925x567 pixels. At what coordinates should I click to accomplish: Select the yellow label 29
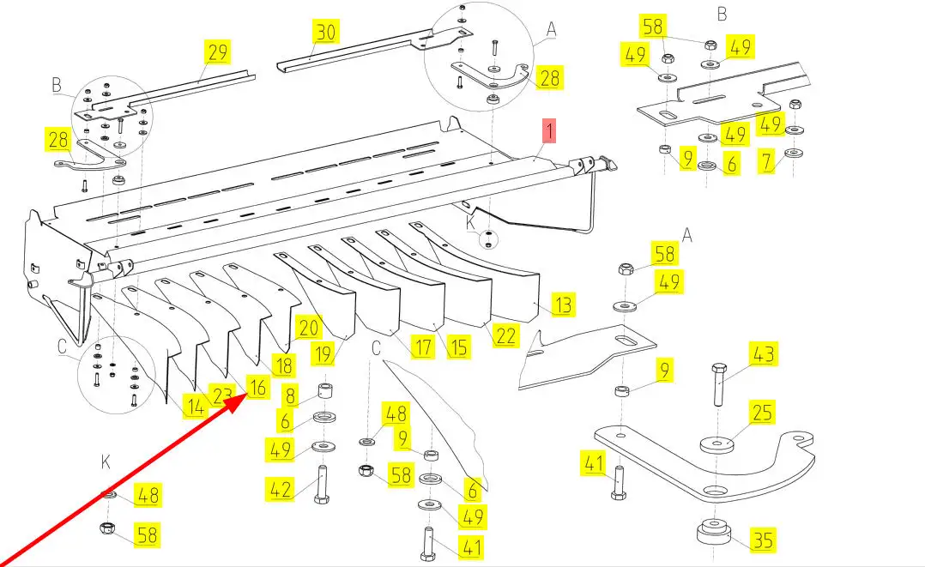pos(218,52)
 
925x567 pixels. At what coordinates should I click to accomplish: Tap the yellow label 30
pos(326,33)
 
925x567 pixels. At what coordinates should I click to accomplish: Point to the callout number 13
pos(563,305)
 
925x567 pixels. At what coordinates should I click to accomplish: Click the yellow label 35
pos(763,540)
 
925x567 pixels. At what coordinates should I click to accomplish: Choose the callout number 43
pos(763,353)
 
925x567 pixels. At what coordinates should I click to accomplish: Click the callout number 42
pos(281,490)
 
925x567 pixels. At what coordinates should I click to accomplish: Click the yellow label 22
pos(506,335)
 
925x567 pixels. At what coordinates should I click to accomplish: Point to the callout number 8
pos(291,395)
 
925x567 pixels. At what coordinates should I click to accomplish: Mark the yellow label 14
pos(196,407)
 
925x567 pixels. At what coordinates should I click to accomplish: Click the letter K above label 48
pos(106,463)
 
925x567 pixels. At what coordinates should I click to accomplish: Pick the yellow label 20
pos(306,327)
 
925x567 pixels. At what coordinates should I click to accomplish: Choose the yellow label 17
pos(422,347)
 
